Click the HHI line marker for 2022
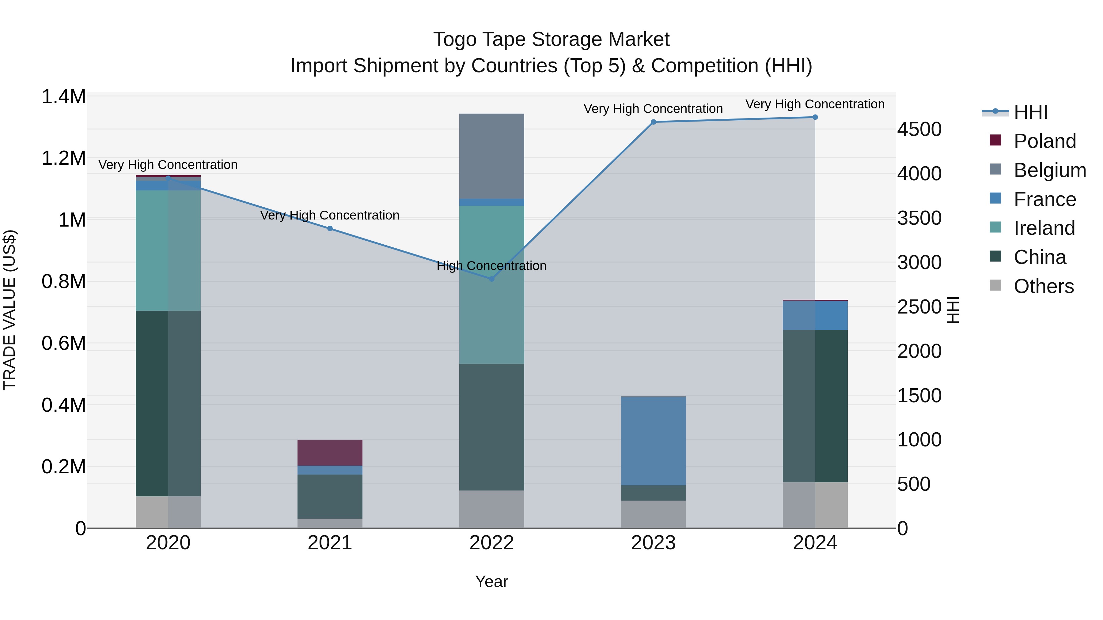pos(491,279)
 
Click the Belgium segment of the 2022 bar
pos(491,156)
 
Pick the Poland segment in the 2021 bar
pos(330,453)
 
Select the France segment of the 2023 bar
pos(654,441)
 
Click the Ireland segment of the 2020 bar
pos(168,250)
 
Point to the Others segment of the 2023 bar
pos(654,514)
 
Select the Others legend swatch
pos(995,285)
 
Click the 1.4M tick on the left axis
pos(63,97)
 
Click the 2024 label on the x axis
pos(815,543)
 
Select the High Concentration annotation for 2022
pos(491,266)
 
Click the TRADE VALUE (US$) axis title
pos(9,310)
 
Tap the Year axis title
pos(491,581)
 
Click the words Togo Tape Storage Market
pos(551,39)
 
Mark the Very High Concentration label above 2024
pos(815,104)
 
